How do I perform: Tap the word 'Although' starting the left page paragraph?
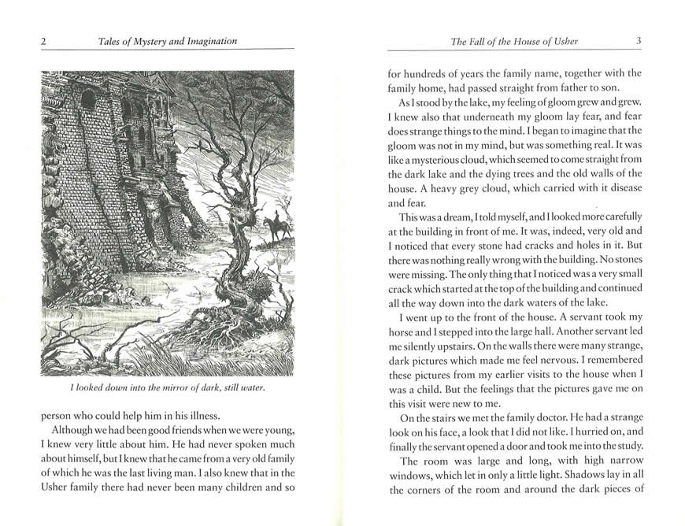[x=75, y=433]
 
